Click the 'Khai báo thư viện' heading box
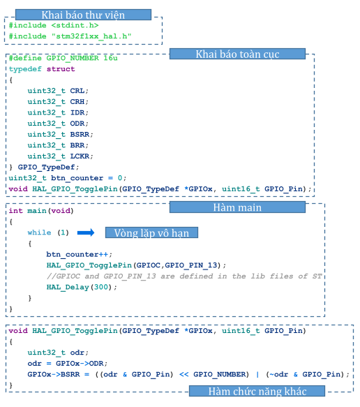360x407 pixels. pyautogui.click(x=83, y=15)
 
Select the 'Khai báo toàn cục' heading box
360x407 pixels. pyautogui.click(x=237, y=54)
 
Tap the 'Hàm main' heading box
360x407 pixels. pyautogui.click(x=237, y=207)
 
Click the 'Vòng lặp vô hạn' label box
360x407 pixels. pyautogui.click(x=151, y=232)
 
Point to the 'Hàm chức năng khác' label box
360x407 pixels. pyautogui.click(x=257, y=391)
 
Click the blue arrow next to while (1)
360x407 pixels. pyautogui.click(x=86, y=232)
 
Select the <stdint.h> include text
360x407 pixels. pyautogui.click(x=75, y=25)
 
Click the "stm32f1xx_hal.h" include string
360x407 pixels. pyautogui.click(x=91, y=36)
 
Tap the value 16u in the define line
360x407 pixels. pyautogui.click(x=110, y=58)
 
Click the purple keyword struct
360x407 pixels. pyautogui.click(x=61, y=69)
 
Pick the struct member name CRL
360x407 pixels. pyautogui.click(x=77, y=91)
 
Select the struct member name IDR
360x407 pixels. pyautogui.click(x=77, y=112)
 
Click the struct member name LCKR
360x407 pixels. pyautogui.click(x=80, y=156)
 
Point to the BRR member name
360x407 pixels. pyautogui.click(x=77, y=145)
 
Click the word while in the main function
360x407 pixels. pyautogui.click(x=40, y=232)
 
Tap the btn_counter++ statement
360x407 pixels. pyautogui.click(x=77, y=254)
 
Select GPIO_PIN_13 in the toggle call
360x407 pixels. pyautogui.click(x=191, y=265)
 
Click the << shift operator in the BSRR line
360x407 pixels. pyautogui.click(x=184, y=374)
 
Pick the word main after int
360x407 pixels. pyautogui.click(x=37, y=211)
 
